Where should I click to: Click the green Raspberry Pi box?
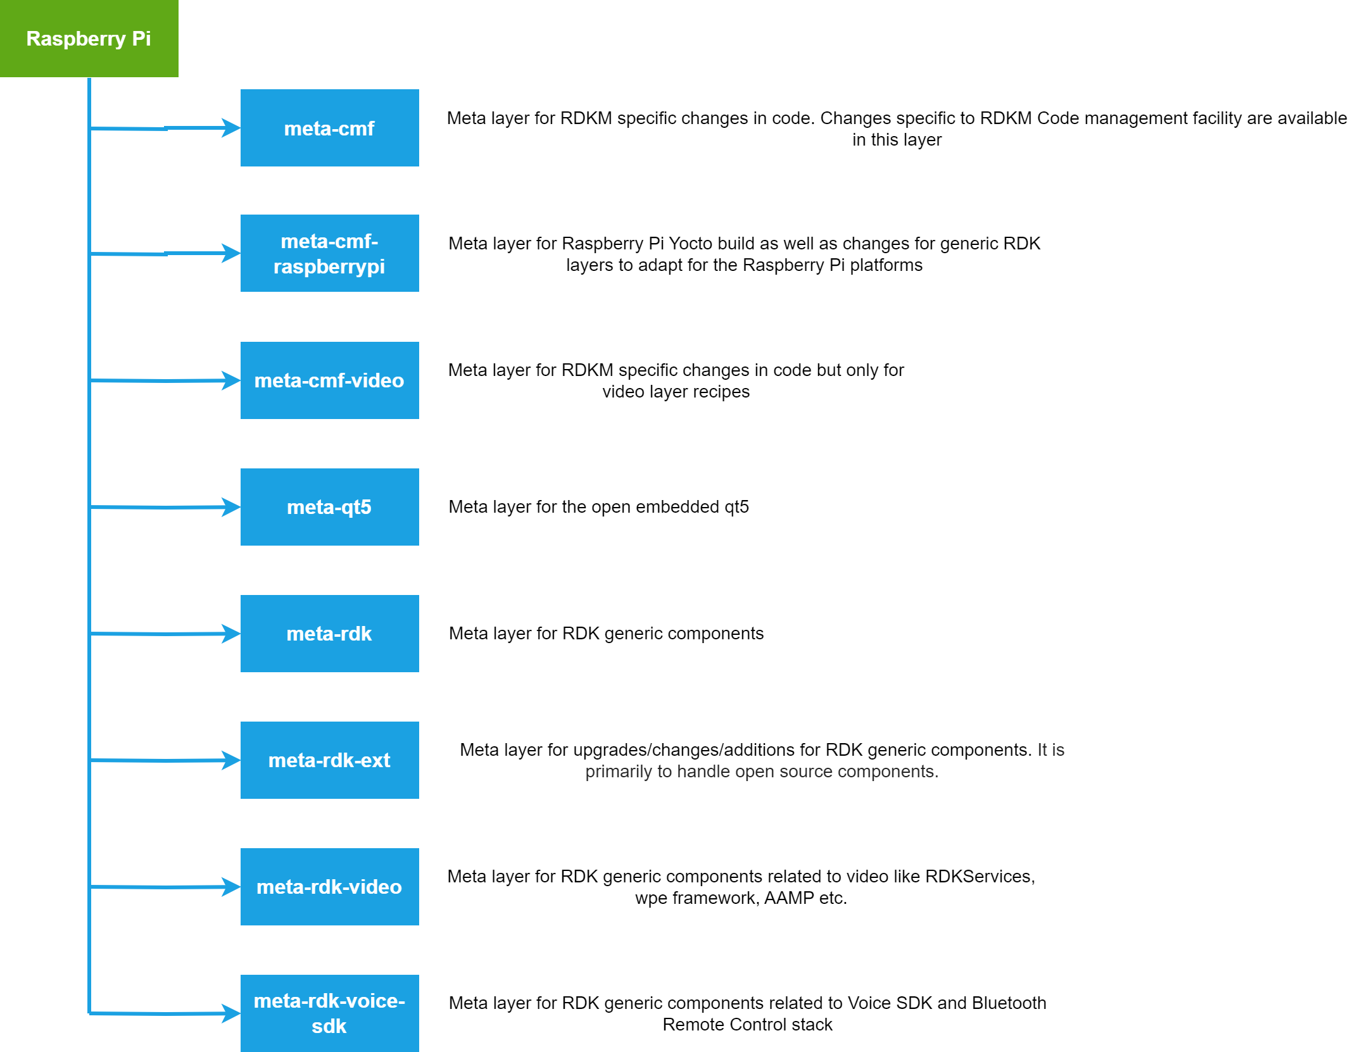[89, 39]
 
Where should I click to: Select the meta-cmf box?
[329, 128]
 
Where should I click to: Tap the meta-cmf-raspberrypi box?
[329, 253]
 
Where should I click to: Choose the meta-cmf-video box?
[329, 380]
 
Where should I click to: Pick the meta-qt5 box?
[329, 507]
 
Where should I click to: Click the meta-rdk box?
[329, 634]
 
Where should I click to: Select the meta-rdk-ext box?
[329, 760]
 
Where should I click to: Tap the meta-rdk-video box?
[329, 887]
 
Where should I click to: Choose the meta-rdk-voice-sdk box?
[329, 1013]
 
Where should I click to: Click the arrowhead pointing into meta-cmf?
[232, 128]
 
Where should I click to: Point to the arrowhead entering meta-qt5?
[232, 507]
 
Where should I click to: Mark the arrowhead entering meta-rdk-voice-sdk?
[232, 1013]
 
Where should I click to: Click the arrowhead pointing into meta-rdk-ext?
[232, 760]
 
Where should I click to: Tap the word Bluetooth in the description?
[1009, 1003]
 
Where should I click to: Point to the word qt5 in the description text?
[736, 508]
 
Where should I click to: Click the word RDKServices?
[980, 877]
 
